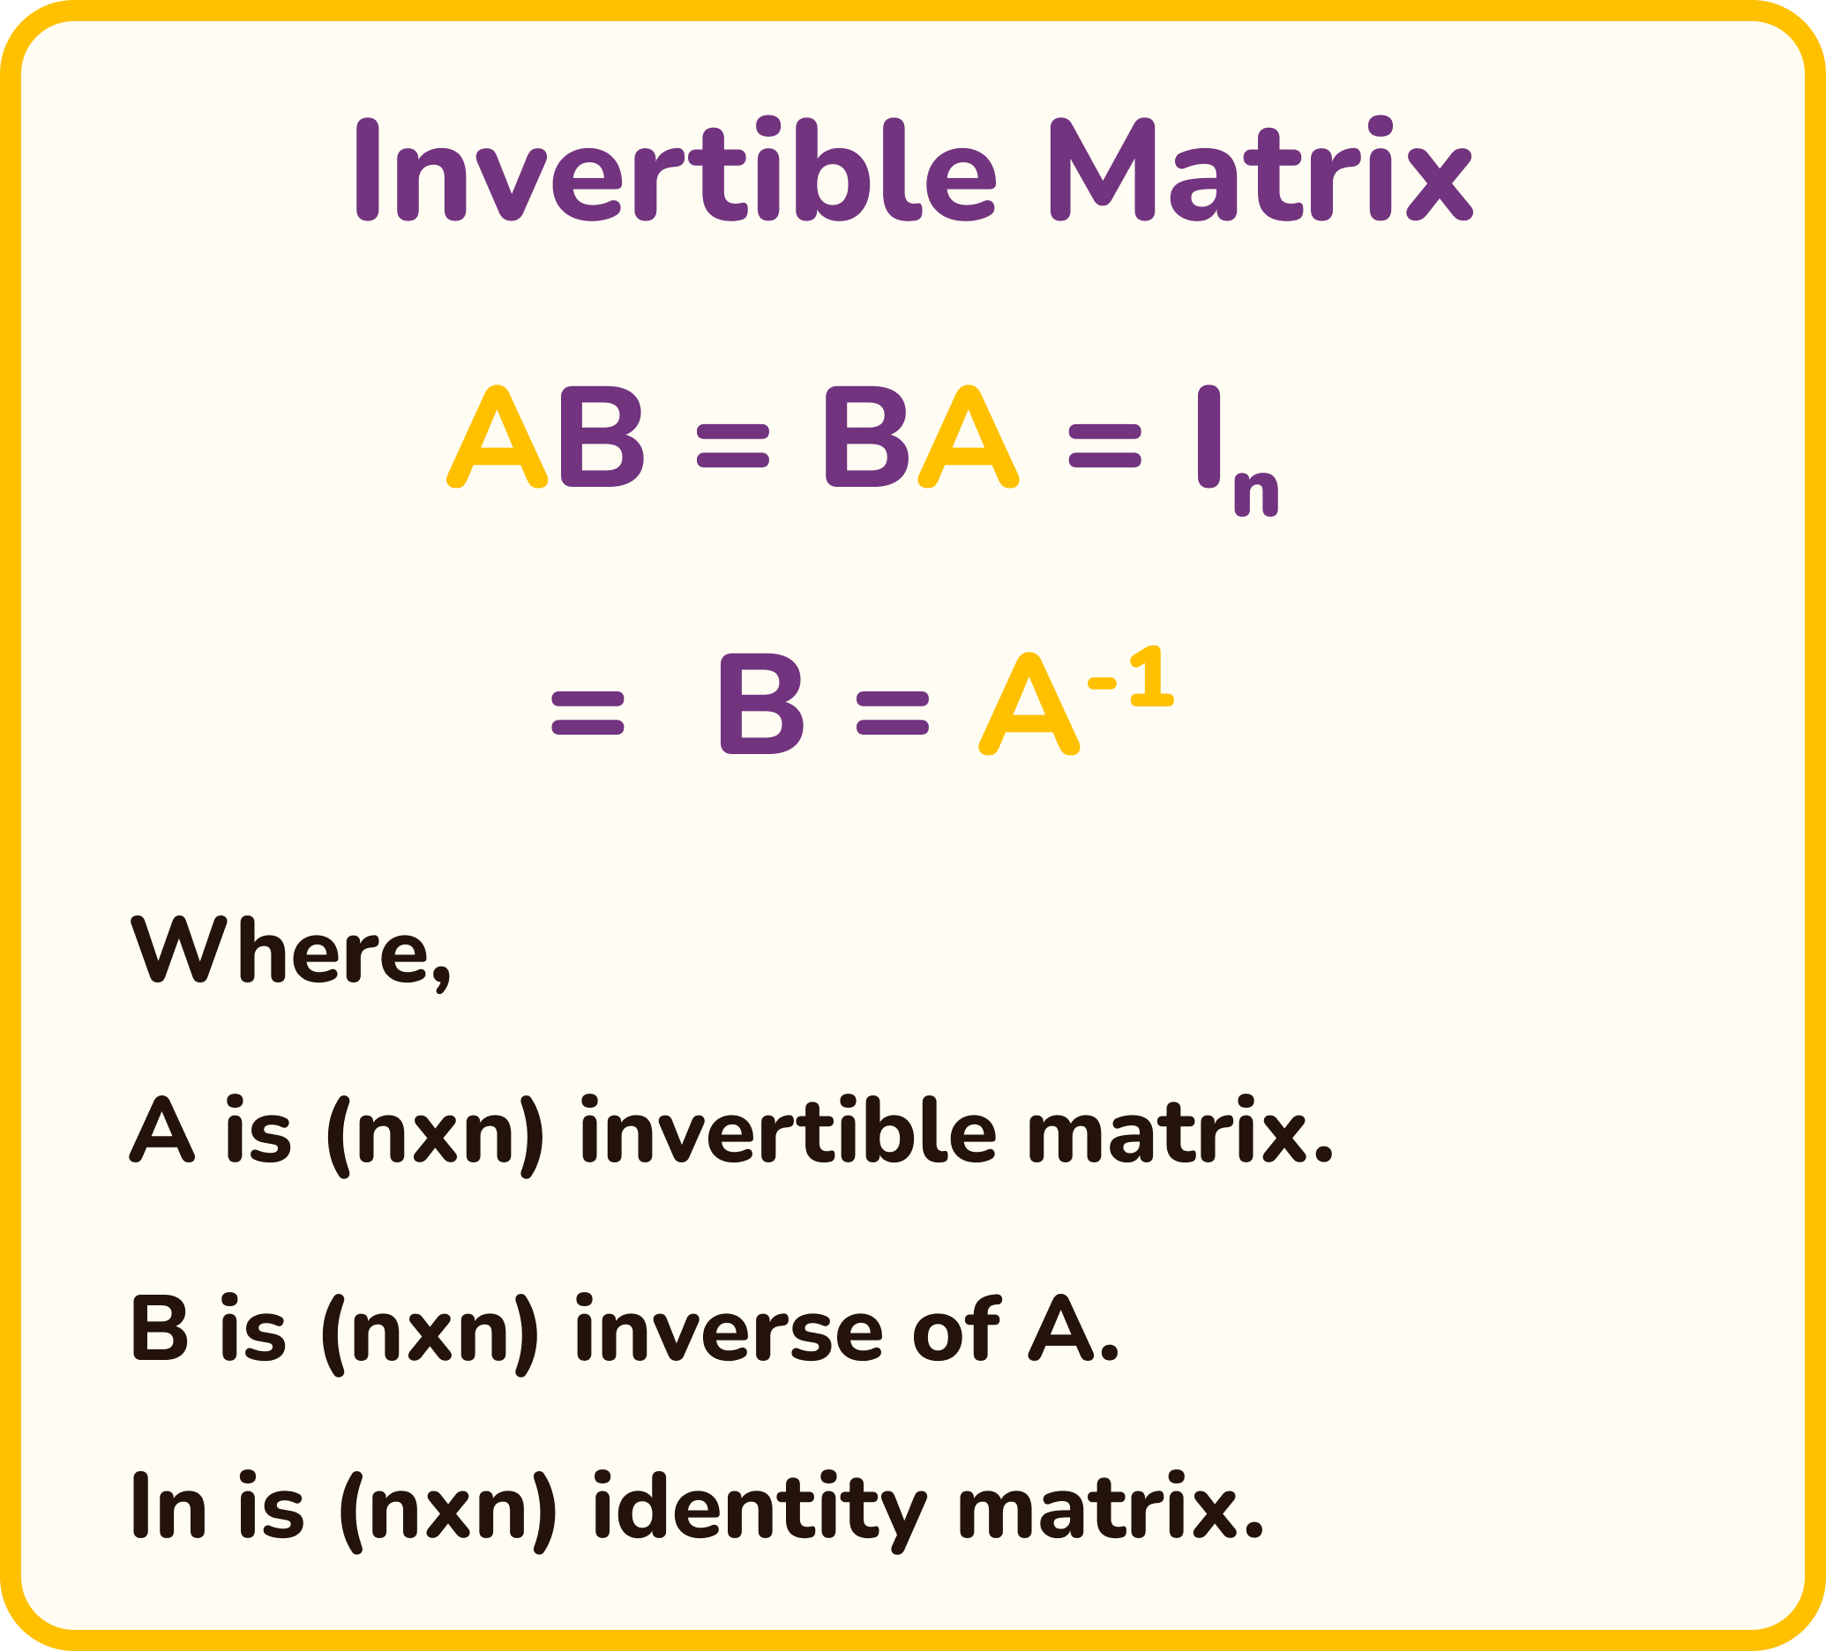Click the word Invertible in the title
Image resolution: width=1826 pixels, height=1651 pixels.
[675, 170]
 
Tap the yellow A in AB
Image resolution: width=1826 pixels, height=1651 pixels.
[498, 437]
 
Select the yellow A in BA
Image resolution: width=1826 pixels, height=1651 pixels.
[969, 437]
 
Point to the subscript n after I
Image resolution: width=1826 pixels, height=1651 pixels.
[1256, 495]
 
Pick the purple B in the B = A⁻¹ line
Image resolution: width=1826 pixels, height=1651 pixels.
[760, 705]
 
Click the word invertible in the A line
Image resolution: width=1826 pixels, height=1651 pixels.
[787, 1133]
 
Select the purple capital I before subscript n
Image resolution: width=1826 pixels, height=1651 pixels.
[1208, 437]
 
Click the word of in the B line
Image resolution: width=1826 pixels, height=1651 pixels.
[955, 1327]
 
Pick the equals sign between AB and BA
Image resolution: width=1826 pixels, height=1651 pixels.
[733, 446]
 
